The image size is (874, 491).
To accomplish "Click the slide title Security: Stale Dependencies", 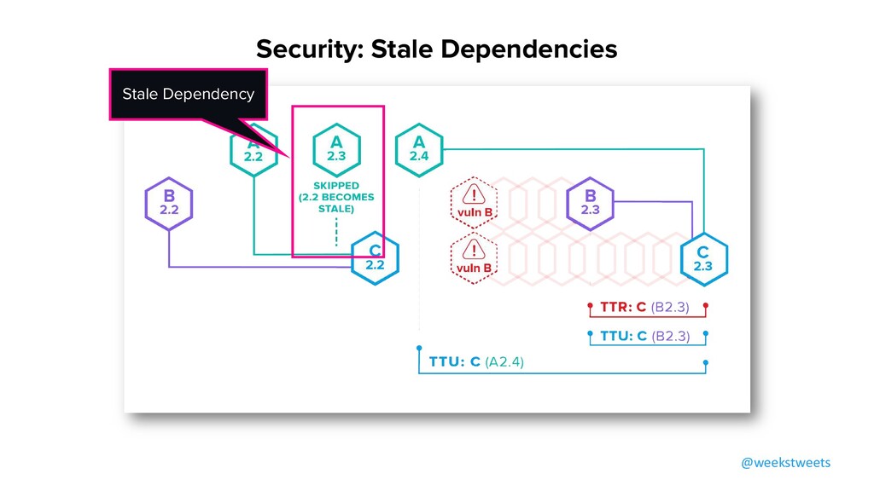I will (436, 49).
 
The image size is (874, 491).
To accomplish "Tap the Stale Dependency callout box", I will (188, 94).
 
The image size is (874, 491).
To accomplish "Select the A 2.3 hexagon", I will (335, 149).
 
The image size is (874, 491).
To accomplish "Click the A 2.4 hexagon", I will (418, 149).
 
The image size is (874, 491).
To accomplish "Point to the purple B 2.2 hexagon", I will (168, 203).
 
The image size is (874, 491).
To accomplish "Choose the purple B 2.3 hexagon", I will (590, 203).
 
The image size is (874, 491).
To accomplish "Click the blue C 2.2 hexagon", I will (376, 257).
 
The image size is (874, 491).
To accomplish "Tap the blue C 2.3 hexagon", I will (702, 257).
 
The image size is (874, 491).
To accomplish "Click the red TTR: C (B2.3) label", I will (644, 307).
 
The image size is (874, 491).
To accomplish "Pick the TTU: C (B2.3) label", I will (644, 336).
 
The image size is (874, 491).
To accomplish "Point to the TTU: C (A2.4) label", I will (477, 362).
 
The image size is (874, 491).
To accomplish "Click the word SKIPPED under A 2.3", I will (336, 185).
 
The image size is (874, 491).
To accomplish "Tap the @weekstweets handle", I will (784, 462).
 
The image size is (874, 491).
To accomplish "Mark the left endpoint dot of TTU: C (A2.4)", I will (419, 349).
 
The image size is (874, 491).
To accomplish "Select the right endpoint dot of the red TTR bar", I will (706, 304).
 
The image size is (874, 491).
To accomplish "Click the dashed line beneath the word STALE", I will (336, 229).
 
